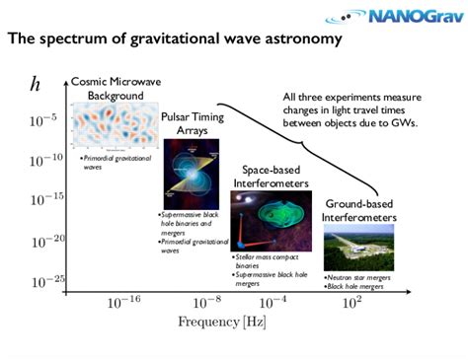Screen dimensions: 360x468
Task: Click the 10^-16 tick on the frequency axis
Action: coord(124,301)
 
